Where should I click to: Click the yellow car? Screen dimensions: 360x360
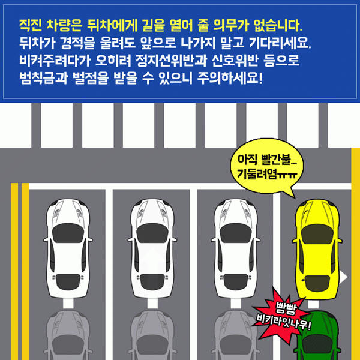[x=317, y=249]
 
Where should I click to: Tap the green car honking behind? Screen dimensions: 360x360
[x=318, y=337]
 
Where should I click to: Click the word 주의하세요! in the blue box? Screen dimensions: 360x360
[x=230, y=78]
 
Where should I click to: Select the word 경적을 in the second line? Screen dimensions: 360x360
[x=78, y=43]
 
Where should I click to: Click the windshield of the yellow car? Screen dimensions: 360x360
[x=317, y=233]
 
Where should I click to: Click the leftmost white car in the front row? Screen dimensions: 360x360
[x=68, y=248]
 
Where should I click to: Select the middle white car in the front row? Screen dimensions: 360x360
[x=152, y=248]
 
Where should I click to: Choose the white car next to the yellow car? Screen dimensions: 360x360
[x=236, y=248]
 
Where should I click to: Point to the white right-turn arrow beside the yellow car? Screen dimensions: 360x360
[x=344, y=277]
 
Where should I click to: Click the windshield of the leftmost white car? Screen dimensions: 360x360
[x=68, y=232]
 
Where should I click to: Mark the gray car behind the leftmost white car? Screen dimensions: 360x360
[x=68, y=335]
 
